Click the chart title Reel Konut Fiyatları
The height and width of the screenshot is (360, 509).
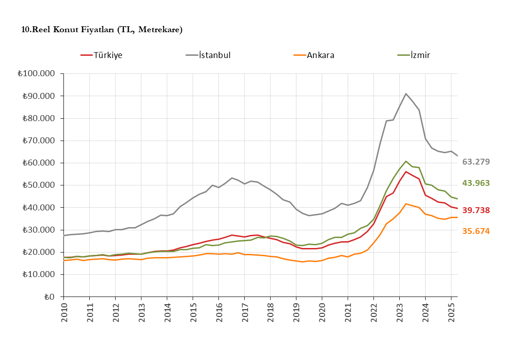102,30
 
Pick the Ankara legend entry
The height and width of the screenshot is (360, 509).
320,55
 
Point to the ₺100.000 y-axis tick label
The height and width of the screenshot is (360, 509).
35,73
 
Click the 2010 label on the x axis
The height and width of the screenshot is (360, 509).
64,313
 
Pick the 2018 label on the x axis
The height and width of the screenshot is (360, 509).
271,313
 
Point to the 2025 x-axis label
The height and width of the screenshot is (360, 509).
451,313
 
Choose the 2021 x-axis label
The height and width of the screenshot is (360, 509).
348,313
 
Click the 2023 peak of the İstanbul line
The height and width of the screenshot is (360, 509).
406,94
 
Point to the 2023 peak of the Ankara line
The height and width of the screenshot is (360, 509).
406,204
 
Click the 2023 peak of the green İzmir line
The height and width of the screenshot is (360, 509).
406,161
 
